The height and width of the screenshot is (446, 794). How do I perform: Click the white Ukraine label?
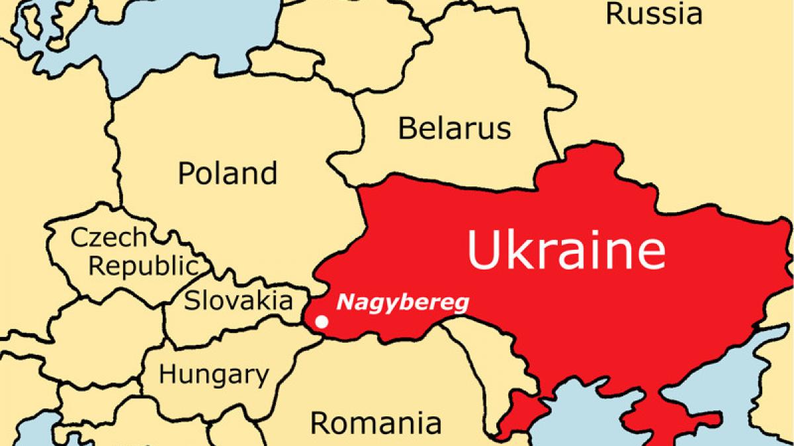point(566,249)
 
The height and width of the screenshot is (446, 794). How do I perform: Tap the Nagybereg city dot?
point(322,322)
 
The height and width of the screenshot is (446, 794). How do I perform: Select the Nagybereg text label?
point(402,303)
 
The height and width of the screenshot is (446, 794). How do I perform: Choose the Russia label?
point(654,13)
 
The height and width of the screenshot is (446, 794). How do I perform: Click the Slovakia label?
point(238,301)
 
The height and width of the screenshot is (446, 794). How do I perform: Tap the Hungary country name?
point(214,375)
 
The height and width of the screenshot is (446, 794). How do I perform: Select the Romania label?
point(376,421)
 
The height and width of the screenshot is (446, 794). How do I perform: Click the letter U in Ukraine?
point(482,249)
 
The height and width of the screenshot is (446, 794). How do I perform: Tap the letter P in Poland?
point(186,174)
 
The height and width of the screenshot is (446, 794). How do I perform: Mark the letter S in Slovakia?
point(191,301)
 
